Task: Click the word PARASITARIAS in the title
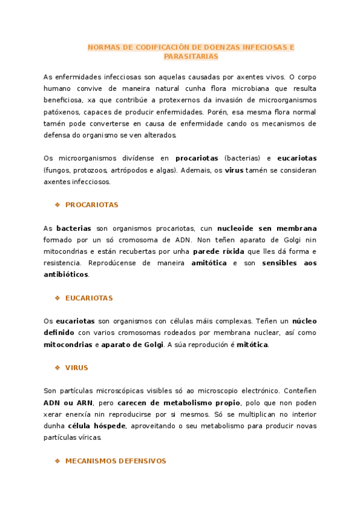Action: [191, 57]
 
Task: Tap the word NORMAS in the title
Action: [102, 47]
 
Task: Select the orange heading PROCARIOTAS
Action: [92, 204]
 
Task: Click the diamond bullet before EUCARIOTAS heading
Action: [58, 298]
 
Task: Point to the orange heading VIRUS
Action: [76, 367]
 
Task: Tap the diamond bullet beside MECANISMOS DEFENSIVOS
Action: [58, 461]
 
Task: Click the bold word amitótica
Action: [210, 263]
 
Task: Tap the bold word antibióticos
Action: [66, 274]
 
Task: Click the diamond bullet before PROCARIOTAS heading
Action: [58, 204]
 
